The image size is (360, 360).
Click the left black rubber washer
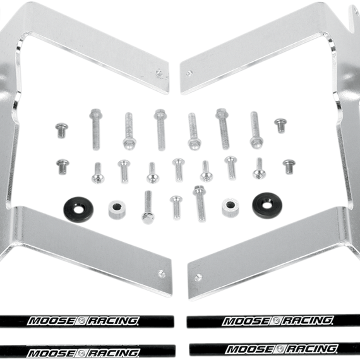click(x=78, y=210)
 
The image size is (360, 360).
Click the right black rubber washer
click(x=267, y=205)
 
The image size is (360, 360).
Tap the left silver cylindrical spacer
click(x=117, y=210)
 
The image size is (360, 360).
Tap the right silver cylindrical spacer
click(x=230, y=207)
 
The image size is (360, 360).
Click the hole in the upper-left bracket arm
click(x=159, y=73)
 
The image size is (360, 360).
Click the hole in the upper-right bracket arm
click(x=189, y=74)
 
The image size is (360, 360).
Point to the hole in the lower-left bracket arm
click(x=162, y=274)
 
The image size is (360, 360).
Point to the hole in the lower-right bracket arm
click(x=198, y=277)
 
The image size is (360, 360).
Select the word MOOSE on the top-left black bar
click(x=52, y=321)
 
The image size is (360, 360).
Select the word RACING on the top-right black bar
click(x=308, y=320)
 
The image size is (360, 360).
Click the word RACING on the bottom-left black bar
click(x=113, y=353)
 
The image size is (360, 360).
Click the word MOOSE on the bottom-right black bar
click(x=251, y=349)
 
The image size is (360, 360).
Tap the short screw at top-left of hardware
click(x=62, y=130)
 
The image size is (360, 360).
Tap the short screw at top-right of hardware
click(x=280, y=125)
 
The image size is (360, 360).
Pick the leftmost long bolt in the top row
click(x=96, y=129)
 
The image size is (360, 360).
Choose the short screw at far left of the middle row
click(x=63, y=167)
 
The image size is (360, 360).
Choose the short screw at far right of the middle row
click(x=289, y=167)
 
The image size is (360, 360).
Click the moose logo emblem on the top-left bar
click(x=81, y=321)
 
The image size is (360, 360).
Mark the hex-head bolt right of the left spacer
click(x=148, y=207)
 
